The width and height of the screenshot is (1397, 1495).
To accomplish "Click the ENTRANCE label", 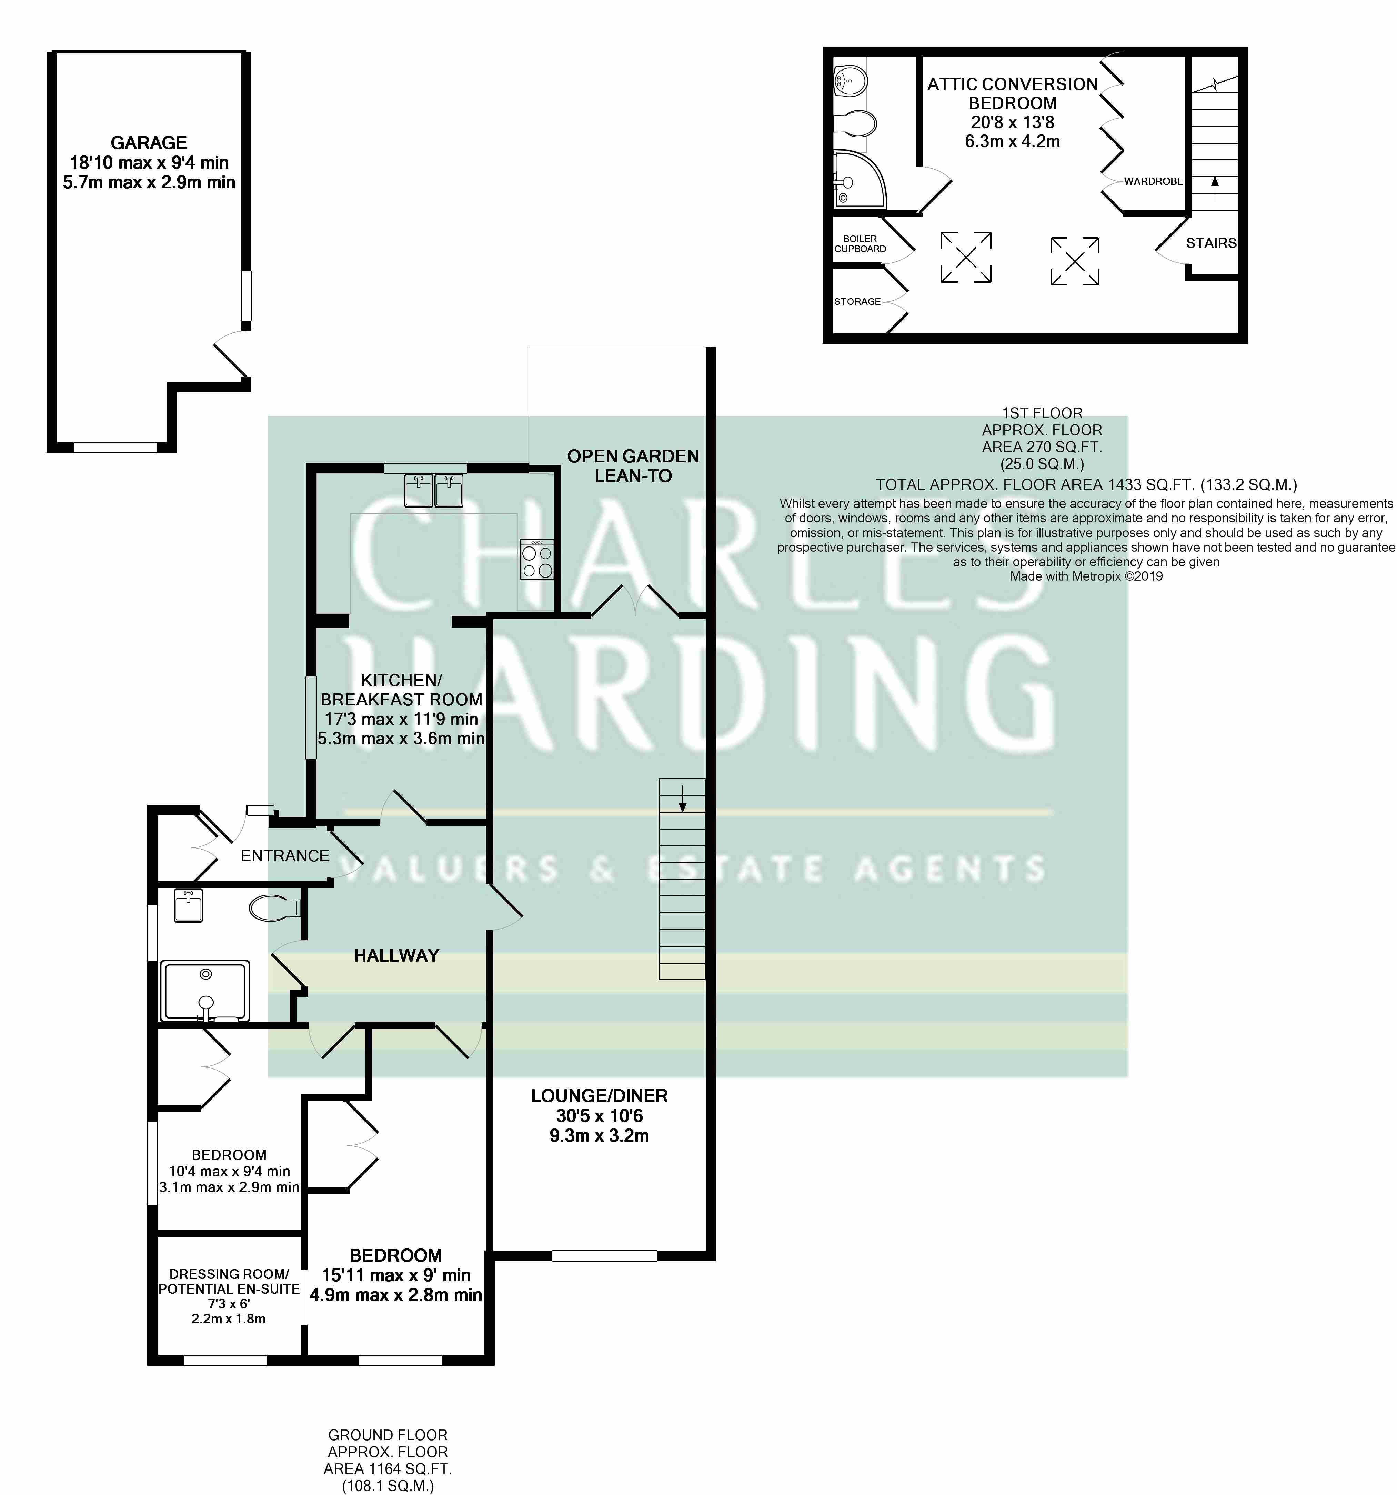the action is [285, 856].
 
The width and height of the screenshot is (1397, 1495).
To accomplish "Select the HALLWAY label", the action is [396, 956].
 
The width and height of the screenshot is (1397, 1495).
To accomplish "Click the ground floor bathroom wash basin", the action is [188, 905].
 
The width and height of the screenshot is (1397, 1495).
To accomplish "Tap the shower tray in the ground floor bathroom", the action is [204, 991].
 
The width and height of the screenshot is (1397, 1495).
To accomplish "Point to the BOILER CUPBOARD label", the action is [860, 244].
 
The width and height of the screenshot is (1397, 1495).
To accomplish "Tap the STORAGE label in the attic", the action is [857, 302].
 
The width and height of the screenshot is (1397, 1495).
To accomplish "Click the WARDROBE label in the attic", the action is [1153, 181].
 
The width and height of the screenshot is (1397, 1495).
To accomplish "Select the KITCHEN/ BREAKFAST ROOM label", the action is [401, 690].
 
